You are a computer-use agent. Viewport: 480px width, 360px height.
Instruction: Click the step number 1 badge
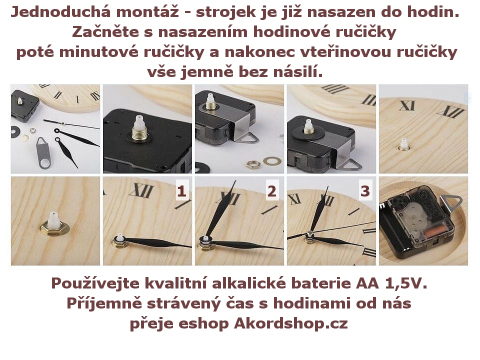[x=181, y=191]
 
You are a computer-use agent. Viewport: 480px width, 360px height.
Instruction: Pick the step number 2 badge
[x=272, y=191]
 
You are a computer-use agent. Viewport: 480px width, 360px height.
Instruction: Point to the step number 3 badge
[x=365, y=191]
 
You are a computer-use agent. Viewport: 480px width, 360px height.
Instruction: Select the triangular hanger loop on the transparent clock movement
[x=454, y=202]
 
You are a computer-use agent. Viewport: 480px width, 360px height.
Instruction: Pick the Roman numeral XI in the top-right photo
[x=406, y=105]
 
